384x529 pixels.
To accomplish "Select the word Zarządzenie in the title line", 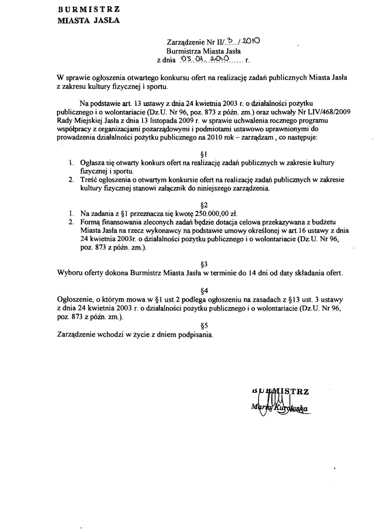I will point(186,42).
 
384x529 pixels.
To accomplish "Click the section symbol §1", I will point(203,154).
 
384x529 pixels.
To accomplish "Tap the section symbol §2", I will point(203,205).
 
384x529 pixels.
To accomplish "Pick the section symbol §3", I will point(203,263).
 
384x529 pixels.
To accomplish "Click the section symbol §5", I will point(203,325).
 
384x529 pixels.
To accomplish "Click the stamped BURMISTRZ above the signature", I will point(279,391).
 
